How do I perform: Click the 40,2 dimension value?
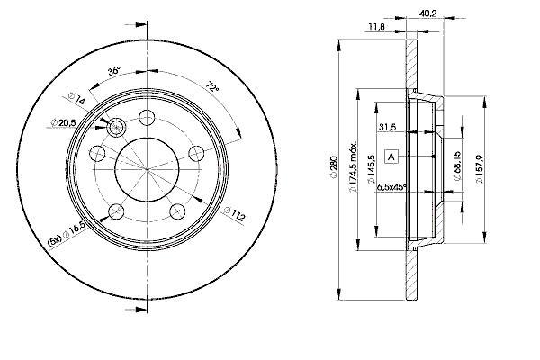point(427,13)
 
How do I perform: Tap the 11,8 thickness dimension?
point(376,26)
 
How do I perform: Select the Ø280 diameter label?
point(333,167)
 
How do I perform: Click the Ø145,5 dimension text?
point(371,169)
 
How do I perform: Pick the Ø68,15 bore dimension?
point(457,166)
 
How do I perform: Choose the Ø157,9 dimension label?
point(480,170)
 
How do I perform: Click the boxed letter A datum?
point(391,157)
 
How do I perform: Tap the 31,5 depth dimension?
point(387,127)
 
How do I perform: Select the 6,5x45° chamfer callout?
point(391,187)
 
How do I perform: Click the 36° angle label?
point(114,71)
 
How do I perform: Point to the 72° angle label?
point(212,86)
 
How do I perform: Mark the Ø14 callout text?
point(76,98)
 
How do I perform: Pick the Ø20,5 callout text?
point(63,122)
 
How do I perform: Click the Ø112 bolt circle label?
point(234,213)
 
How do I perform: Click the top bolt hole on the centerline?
point(147,118)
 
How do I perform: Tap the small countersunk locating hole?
point(117,128)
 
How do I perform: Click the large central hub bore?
point(147,169)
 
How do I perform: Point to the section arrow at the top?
point(137,25)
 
